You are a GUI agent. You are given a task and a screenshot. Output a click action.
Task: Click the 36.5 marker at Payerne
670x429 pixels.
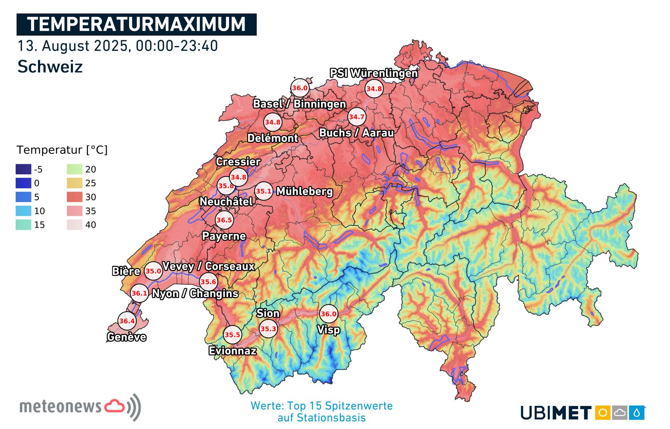(224, 220)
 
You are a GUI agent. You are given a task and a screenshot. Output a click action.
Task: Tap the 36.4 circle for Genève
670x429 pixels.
(127, 321)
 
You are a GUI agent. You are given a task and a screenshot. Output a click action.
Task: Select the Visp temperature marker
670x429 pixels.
(328, 314)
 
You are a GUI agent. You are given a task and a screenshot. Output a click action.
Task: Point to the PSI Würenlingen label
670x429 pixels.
(374, 73)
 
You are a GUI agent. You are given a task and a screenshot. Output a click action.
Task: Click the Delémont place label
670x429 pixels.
(273, 138)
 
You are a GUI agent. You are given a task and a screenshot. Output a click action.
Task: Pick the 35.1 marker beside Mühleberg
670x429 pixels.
(264, 191)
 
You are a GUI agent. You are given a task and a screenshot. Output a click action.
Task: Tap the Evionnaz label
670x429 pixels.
(232, 350)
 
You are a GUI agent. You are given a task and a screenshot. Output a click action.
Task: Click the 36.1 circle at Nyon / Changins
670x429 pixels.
(140, 293)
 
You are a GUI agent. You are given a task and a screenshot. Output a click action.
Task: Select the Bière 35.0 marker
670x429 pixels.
(153, 271)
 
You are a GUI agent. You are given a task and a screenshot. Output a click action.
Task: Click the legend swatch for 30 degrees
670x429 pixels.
(75, 197)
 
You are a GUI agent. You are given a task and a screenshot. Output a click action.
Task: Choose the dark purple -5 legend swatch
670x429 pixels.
(23, 169)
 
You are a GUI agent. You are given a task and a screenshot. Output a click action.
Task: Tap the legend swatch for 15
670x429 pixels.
(23, 225)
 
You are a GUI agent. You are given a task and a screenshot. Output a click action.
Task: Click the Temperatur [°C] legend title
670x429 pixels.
(62, 150)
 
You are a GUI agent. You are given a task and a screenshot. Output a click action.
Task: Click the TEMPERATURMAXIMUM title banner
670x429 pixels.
(136, 24)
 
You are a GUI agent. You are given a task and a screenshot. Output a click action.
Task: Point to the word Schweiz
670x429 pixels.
(50, 66)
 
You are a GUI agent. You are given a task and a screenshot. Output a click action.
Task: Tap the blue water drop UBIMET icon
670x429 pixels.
(636, 413)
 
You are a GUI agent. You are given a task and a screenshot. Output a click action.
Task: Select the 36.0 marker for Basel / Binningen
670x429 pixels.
(300, 88)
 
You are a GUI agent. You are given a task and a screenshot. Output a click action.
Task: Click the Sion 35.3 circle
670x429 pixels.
(268, 328)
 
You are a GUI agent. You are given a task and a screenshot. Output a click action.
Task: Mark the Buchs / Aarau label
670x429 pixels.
(356, 133)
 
